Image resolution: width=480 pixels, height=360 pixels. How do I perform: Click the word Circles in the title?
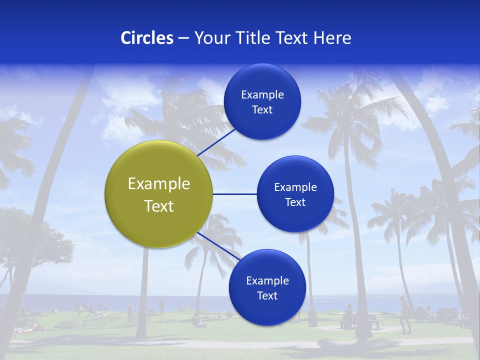(x=146, y=38)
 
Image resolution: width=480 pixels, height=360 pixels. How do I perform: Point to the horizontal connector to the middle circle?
(x=234, y=194)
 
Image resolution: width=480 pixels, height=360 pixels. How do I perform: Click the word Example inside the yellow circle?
(x=158, y=184)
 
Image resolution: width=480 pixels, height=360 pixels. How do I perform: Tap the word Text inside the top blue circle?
(x=262, y=110)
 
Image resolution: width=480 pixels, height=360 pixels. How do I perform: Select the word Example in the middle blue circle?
(x=295, y=187)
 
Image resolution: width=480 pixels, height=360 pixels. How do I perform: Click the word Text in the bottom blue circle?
(x=267, y=296)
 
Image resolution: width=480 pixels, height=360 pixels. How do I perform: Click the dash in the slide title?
(x=183, y=38)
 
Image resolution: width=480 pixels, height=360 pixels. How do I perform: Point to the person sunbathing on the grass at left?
(x=30, y=329)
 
